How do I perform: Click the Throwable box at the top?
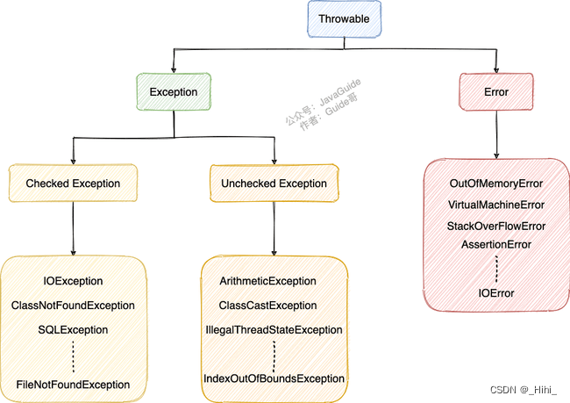(x=344, y=18)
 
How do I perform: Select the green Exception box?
(x=174, y=91)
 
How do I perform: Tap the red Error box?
(x=496, y=91)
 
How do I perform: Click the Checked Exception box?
(x=73, y=184)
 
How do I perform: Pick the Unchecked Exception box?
(x=274, y=184)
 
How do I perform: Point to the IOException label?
(x=74, y=281)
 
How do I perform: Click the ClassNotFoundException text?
(x=74, y=306)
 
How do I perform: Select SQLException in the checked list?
(x=74, y=329)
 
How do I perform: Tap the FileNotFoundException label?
(x=74, y=385)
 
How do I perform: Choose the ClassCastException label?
(x=268, y=306)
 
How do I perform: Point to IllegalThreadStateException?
(x=274, y=329)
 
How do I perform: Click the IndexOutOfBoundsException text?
(x=274, y=378)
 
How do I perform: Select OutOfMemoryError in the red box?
(x=496, y=184)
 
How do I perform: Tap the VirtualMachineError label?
(x=496, y=205)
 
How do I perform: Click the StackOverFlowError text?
(x=496, y=226)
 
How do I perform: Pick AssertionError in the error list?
(x=496, y=244)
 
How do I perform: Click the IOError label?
(x=496, y=292)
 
